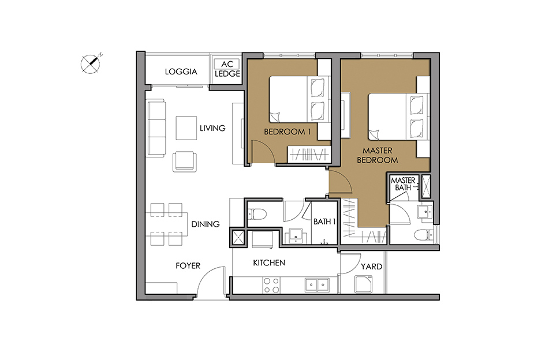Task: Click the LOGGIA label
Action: [181, 72]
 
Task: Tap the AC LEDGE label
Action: [227, 69]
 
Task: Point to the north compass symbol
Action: [91, 63]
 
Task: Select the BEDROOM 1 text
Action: [288, 132]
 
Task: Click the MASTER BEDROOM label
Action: [378, 156]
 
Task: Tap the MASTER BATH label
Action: [403, 183]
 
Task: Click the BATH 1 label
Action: [324, 222]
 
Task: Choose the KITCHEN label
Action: [269, 263]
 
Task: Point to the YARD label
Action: [371, 267]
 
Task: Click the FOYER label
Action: [188, 266]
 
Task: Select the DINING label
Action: [206, 224]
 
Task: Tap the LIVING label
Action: [212, 128]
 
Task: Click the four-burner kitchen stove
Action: [271, 285]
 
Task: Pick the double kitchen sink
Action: [317, 285]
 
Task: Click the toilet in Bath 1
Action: [257, 214]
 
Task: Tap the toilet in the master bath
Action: [424, 235]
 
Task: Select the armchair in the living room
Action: [185, 162]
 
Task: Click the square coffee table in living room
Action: [186, 128]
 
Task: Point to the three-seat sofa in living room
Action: [156, 129]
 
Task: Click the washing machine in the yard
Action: [364, 284]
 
